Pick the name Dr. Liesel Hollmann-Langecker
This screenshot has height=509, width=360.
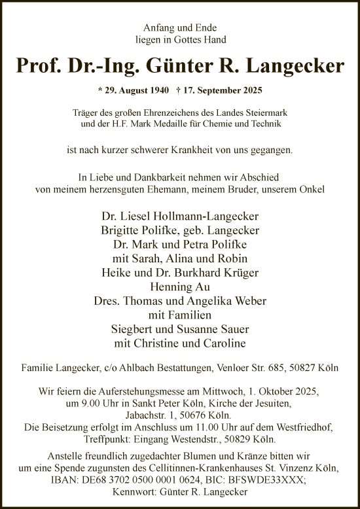click(x=180, y=217)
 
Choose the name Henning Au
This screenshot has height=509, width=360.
click(x=180, y=286)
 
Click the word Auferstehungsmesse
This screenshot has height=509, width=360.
click(x=149, y=391)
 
